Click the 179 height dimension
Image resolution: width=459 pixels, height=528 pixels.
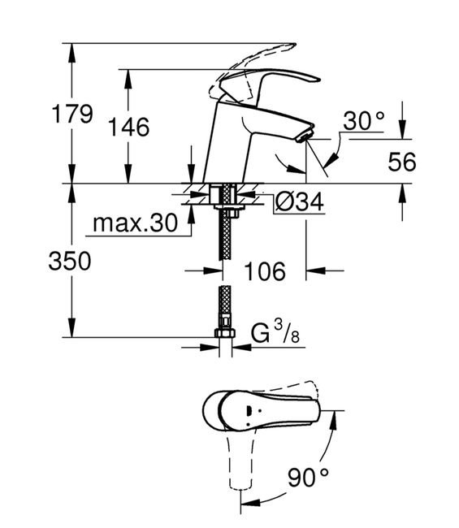pyautogui.click(x=72, y=114)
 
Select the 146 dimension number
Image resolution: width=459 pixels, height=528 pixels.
pyautogui.click(x=128, y=127)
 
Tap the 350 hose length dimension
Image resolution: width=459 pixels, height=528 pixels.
pyautogui.click(x=70, y=261)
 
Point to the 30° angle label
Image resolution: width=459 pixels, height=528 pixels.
pyautogui.click(x=364, y=120)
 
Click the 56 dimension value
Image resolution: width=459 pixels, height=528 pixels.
pyautogui.click(x=402, y=162)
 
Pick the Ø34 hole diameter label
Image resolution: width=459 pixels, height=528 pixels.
pyautogui.click(x=300, y=202)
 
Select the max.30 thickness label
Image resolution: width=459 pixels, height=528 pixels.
pyautogui.click(x=135, y=223)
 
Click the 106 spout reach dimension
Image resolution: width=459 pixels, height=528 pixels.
pyautogui.click(x=265, y=271)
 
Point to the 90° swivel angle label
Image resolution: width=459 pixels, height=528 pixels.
pyautogui.click(x=308, y=477)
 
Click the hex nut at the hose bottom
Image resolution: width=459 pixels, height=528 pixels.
pyautogui.click(x=224, y=333)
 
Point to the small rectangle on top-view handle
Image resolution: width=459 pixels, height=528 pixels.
pyautogui.click(x=249, y=411)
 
